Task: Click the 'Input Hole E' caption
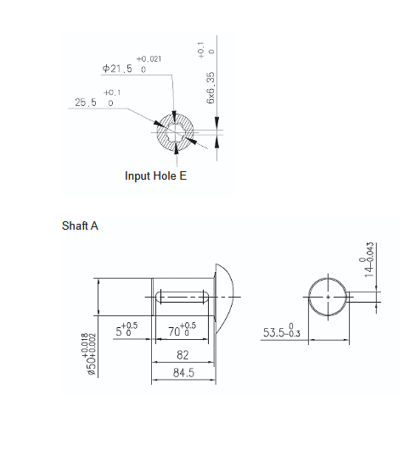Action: [155, 176]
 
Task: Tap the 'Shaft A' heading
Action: [80, 226]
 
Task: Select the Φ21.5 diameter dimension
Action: [117, 69]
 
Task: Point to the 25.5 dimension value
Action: [86, 103]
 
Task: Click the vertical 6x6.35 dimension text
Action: [211, 88]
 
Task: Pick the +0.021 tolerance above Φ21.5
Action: [149, 59]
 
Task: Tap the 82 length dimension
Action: [183, 355]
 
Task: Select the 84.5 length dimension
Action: [183, 373]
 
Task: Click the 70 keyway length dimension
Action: [174, 331]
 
